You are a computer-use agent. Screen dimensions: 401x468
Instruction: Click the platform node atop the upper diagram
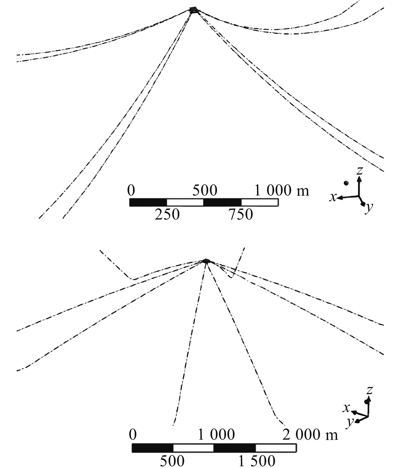(193, 10)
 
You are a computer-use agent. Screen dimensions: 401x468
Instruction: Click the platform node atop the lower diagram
(206, 261)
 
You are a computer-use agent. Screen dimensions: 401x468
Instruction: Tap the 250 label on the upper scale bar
(167, 214)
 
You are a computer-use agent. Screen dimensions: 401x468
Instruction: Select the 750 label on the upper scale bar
(241, 214)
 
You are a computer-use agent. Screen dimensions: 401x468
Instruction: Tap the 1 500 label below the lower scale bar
(257, 461)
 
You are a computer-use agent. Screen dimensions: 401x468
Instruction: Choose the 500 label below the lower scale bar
(172, 461)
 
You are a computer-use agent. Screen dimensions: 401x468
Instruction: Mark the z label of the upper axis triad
(360, 171)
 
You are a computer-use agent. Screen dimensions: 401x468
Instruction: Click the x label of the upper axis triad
(333, 197)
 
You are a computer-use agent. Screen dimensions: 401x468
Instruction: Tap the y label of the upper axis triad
(369, 208)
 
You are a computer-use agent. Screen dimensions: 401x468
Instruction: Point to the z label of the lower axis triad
(369, 390)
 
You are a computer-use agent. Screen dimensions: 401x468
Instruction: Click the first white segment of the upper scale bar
(185, 202)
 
